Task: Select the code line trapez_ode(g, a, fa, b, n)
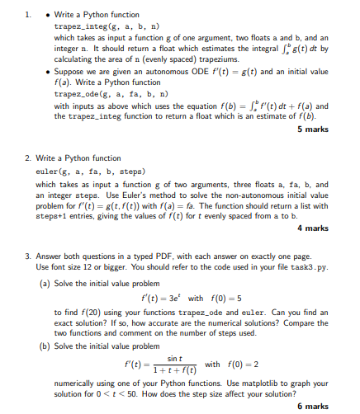95,95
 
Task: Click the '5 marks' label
313,130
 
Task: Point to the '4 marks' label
313,228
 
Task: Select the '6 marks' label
313,406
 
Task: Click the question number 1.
28,15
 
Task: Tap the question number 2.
28,157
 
